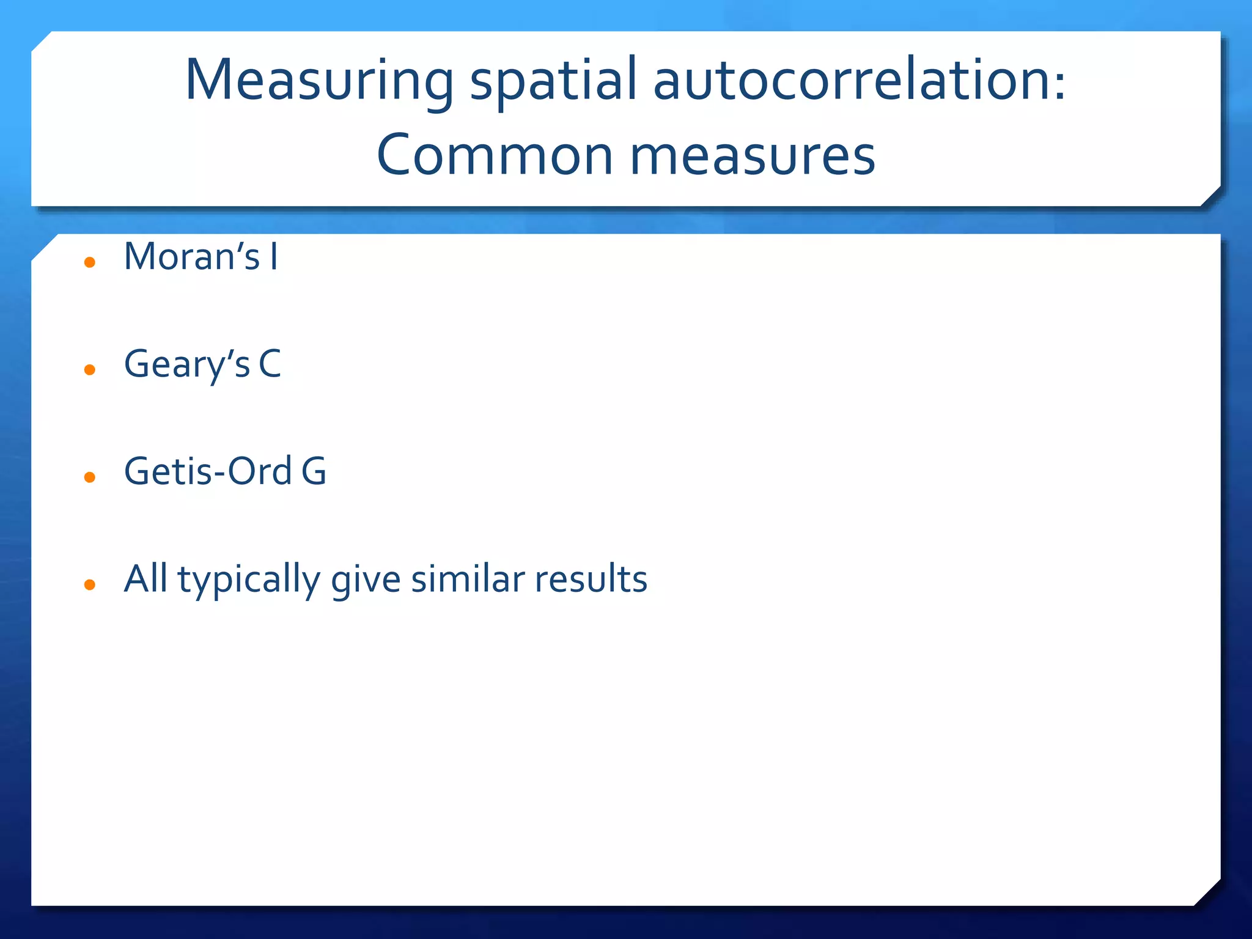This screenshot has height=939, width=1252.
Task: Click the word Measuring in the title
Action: coord(319,81)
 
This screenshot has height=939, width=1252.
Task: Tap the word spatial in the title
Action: coord(553,81)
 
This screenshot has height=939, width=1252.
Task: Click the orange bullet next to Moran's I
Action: coord(90,263)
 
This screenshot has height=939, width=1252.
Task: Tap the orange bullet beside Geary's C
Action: coord(90,370)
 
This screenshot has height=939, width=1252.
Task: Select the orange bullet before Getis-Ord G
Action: coord(90,477)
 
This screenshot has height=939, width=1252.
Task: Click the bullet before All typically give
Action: coord(90,585)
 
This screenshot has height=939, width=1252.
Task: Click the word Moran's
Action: coord(192,257)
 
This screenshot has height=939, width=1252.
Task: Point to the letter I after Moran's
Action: coord(274,257)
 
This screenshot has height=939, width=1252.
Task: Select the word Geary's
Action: coord(187,365)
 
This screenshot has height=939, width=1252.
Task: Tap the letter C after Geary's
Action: coord(270,364)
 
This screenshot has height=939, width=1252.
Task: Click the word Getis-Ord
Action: coord(208,471)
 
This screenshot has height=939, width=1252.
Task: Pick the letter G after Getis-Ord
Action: coord(314,471)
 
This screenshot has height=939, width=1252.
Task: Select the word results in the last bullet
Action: coord(591,579)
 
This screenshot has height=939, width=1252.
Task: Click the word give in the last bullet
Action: coord(366,580)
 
